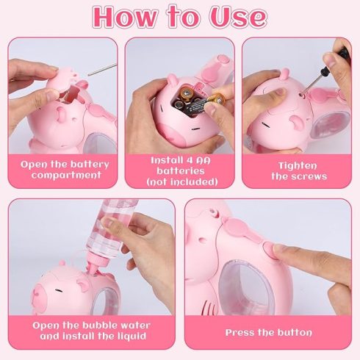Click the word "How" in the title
(126, 17)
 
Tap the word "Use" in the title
(237, 17)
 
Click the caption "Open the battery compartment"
(65, 170)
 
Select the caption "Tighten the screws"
(299, 171)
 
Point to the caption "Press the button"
(269, 333)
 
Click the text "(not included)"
(182, 182)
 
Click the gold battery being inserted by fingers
(216, 99)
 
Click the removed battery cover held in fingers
(65, 80)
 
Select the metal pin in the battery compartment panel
(102, 70)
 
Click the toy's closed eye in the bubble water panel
(58, 291)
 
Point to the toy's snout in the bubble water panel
(40, 299)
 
